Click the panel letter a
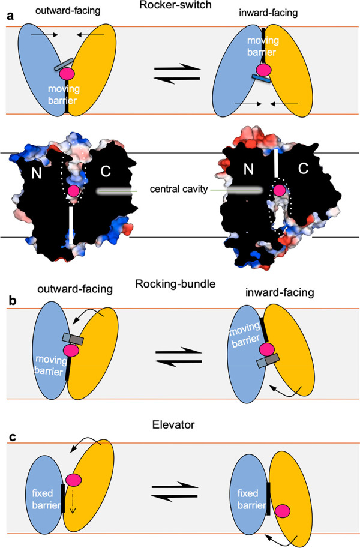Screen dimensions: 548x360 pos(10,16)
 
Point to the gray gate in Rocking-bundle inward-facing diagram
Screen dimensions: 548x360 pos(265,361)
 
